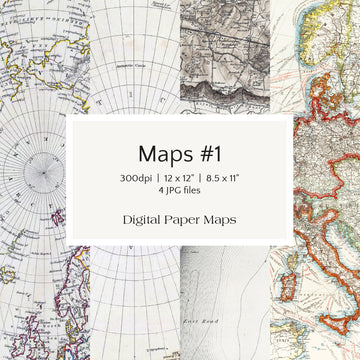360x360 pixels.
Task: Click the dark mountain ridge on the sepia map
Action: [x=225, y=75]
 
